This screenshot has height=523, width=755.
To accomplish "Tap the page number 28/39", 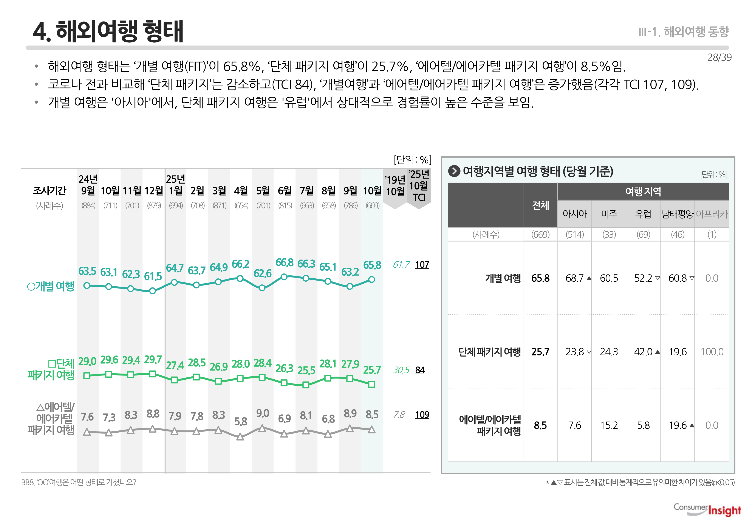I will click(719, 57).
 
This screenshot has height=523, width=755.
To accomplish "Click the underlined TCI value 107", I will click(422, 265).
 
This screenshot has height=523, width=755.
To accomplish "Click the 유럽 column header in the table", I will click(643, 214).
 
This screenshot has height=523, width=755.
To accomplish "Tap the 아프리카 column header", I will click(712, 214).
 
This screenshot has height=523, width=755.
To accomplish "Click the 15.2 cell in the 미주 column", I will click(609, 425).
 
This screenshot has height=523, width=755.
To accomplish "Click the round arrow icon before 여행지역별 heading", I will click(454, 171).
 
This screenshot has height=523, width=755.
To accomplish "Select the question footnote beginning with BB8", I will click(79, 482).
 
